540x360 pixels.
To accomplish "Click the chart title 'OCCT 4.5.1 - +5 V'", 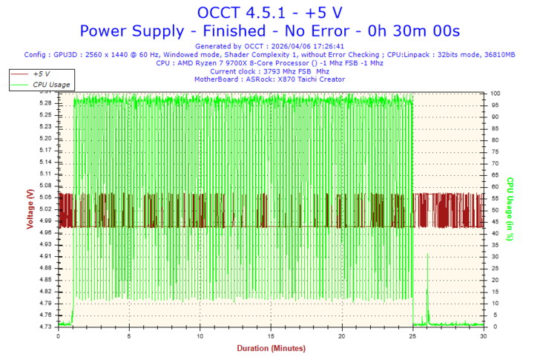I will click(x=270, y=12).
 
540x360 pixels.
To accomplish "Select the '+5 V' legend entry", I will click(x=41, y=74).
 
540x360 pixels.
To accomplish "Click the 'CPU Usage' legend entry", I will click(x=51, y=85).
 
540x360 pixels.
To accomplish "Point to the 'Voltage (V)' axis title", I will click(x=30, y=209).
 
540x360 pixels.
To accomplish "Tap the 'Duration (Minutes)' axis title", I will click(x=270, y=347).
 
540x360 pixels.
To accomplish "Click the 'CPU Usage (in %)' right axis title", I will click(x=510, y=209).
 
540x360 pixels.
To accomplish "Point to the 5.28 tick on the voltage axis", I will click(x=45, y=102).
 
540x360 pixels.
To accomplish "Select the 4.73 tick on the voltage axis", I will click(x=45, y=327).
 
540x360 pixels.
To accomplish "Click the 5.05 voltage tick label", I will click(x=45, y=197).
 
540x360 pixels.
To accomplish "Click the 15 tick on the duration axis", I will click(x=271, y=335).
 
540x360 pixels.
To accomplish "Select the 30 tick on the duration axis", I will click(x=483, y=335).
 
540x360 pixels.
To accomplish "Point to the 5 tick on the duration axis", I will click(x=129, y=335).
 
